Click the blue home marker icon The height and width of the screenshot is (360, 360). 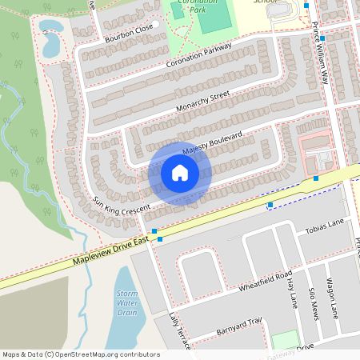[x=180, y=173]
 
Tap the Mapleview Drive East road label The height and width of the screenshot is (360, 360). [x=110, y=250]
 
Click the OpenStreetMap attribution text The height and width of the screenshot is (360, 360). [x=80, y=354]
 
